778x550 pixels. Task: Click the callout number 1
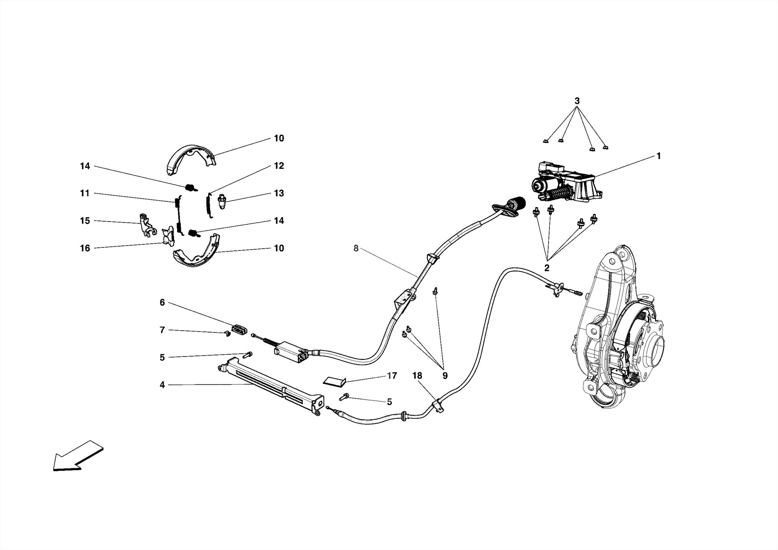point(658,156)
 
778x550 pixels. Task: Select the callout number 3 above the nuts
point(577,101)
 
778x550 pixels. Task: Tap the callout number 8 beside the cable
point(356,248)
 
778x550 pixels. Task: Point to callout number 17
point(392,376)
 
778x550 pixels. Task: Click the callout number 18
point(417,376)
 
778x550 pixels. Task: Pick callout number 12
point(279,166)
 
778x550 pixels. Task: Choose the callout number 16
point(85,248)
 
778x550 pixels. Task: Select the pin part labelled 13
point(223,200)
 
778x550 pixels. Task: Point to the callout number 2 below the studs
point(547,268)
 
